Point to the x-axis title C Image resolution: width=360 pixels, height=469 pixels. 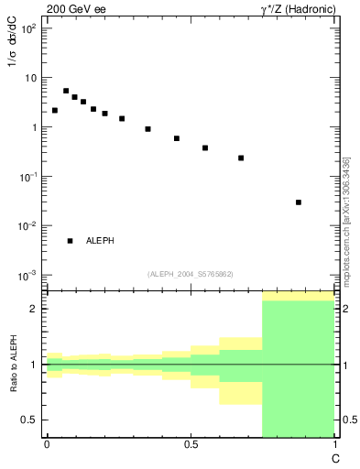pyautogui.click(x=334, y=455)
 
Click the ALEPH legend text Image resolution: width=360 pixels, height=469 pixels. pyautogui.click(x=100, y=241)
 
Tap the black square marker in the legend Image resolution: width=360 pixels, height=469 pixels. pyautogui.click(x=70, y=241)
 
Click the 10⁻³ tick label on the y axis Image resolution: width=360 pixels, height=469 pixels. pyautogui.click(x=27, y=276)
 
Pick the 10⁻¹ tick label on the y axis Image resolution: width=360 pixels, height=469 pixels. pyautogui.click(x=27, y=177)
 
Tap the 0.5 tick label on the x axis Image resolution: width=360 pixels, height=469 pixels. pyautogui.click(x=191, y=443)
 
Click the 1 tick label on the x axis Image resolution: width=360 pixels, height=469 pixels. pyautogui.click(x=334, y=443)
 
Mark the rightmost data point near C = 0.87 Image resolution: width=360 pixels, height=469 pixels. pyautogui.click(x=299, y=202)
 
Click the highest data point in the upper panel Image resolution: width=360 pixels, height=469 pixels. pyautogui.click(x=66, y=91)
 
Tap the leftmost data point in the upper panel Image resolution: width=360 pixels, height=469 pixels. pyautogui.click(x=55, y=111)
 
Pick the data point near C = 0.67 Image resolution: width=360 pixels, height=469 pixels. pyautogui.click(x=241, y=158)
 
